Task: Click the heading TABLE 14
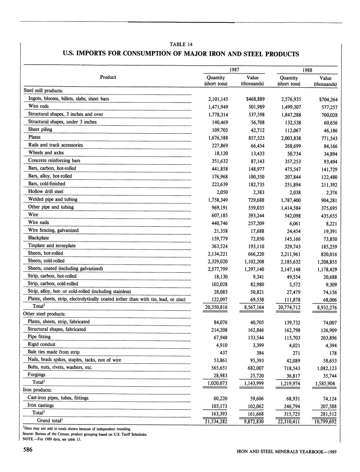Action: [181, 44]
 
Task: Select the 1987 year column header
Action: [234, 70]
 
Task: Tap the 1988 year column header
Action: [307, 70]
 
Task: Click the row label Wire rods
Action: [38, 106]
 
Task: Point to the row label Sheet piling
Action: [40, 129]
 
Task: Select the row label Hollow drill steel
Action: [46, 192]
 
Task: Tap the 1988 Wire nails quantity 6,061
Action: [294, 223]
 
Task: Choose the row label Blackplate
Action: [38, 238]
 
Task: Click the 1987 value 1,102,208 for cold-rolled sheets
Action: [253, 261]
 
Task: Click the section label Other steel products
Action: [44, 314]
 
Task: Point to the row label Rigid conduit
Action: [41, 344]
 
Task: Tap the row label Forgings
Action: [36, 375]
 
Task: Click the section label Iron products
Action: [37, 390]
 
